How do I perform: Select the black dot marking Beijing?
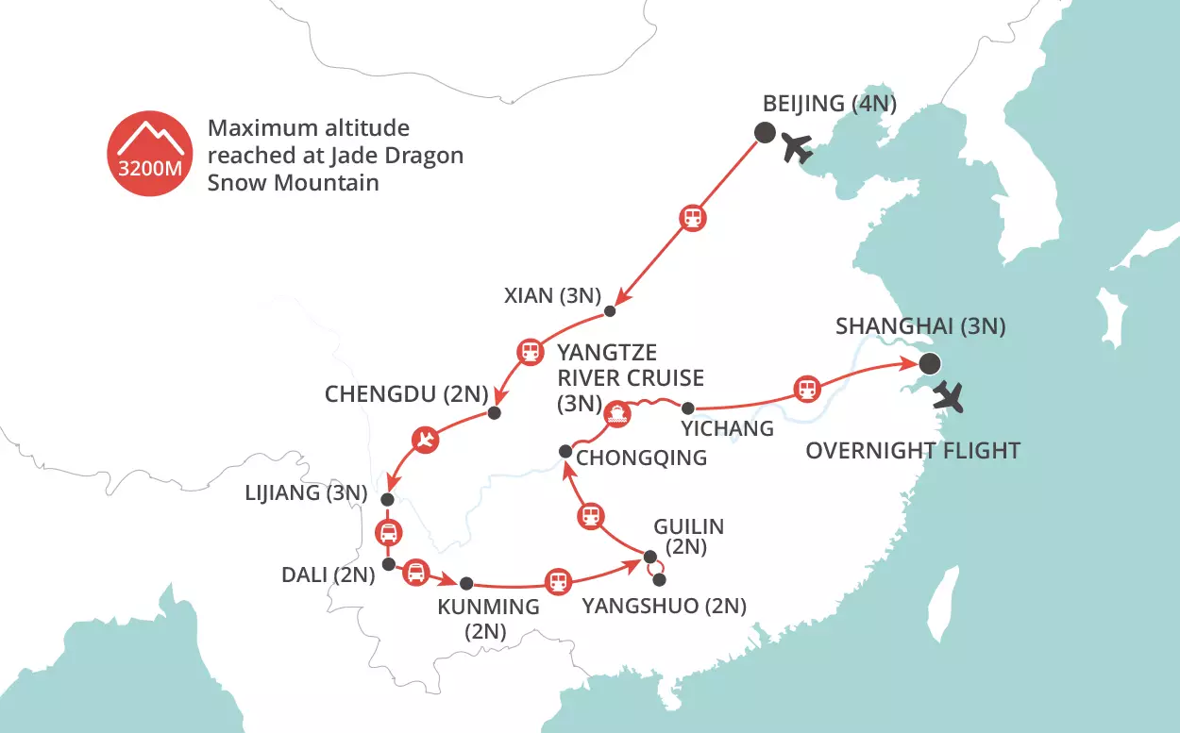point(763,132)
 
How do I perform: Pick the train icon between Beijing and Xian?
point(693,218)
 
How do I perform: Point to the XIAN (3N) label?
point(551,295)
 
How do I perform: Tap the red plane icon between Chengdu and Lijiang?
point(426,440)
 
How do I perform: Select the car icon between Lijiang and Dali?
point(388,533)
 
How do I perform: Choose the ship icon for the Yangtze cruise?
point(615,412)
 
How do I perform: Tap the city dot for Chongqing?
point(565,450)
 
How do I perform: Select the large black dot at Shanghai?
point(930,362)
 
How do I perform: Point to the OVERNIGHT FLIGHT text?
point(912,451)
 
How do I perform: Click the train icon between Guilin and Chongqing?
point(590,515)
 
